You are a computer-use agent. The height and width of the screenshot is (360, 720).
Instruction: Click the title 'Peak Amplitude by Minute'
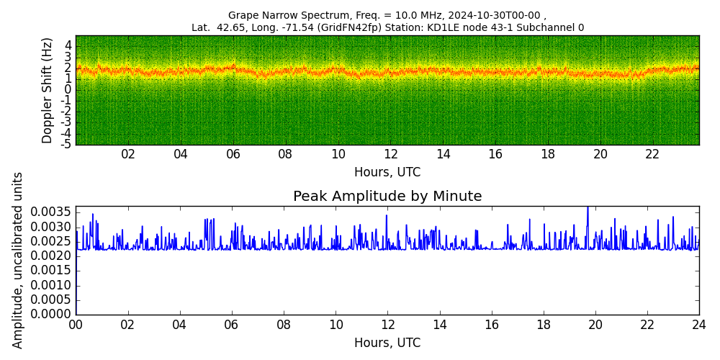tap(387, 196)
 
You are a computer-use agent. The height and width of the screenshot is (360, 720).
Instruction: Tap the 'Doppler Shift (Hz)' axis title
tap(48, 91)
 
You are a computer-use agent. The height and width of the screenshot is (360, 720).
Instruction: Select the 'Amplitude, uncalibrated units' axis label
tap(17, 261)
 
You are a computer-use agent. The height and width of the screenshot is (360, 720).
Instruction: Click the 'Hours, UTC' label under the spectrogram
tap(387, 172)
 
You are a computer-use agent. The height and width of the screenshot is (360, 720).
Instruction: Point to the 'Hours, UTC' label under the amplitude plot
tap(387, 343)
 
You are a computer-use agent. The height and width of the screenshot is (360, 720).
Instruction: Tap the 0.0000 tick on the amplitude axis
tap(51, 315)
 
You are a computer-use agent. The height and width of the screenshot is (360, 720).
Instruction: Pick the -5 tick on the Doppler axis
tap(66, 145)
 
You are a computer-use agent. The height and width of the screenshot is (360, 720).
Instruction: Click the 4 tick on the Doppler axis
tap(68, 46)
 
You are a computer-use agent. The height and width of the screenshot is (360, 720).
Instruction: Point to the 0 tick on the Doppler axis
tap(68, 90)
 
